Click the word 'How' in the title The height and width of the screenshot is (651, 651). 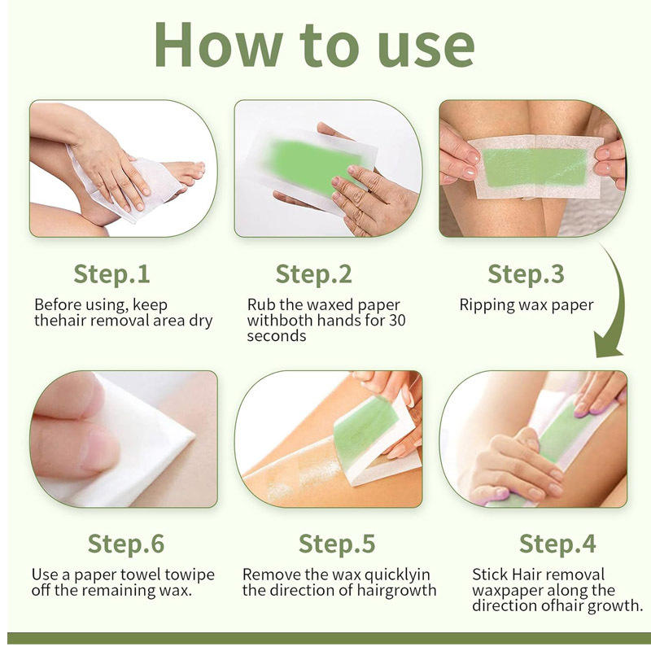click(x=218, y=45)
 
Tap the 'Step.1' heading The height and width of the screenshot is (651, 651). click(x=111, y=274)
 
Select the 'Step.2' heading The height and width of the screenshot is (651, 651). click(x=314, y=274)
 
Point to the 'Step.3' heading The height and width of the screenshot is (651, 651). click(x=526, y=274)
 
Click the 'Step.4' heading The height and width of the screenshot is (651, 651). click(x=557, y=544)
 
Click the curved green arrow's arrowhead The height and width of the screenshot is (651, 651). click(x=608, y=344)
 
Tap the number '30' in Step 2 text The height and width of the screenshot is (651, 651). click(x=397, y=320)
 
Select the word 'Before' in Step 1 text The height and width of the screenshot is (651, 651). click(x=58, y=304)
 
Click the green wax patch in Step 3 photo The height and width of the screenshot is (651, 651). click(x=535, y=168)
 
